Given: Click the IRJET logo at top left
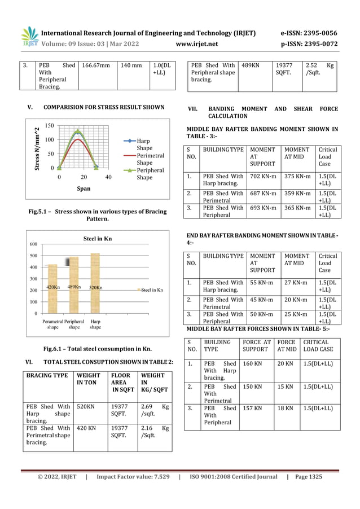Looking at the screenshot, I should click(30, 37).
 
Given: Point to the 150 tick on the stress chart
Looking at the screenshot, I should click(50, 126).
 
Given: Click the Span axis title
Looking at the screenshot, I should click(84, 189).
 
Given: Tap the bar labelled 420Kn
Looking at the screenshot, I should click(52, 288).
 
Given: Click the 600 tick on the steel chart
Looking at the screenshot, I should click(33, 244).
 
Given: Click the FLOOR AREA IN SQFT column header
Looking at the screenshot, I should click(121, 382).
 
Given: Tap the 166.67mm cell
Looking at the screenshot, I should click(96, 65).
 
